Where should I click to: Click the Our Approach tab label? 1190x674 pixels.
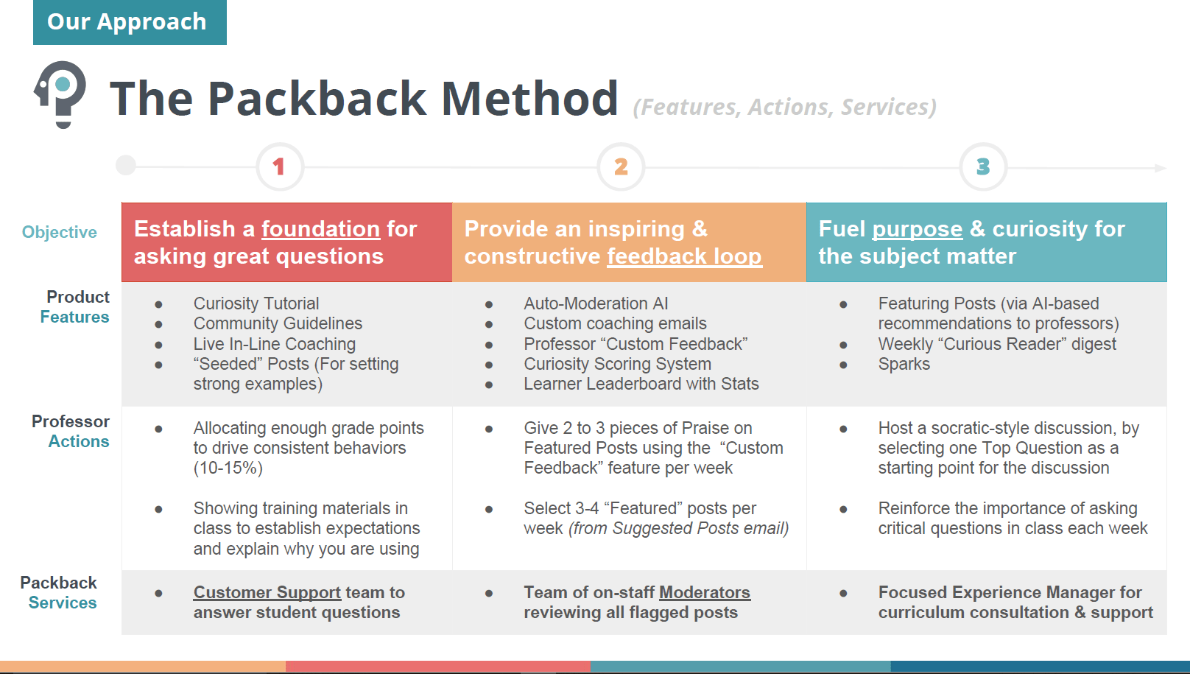coord(127,22)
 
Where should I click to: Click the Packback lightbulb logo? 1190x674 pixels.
coord(61,94)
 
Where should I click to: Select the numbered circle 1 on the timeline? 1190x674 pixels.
coord(279,166)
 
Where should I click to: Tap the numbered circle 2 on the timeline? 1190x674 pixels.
coord(621,166)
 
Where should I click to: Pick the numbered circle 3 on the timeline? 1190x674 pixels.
coord(983,166)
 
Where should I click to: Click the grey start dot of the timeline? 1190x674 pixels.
coord(126,165)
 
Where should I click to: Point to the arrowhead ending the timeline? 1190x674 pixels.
coord(1160,168)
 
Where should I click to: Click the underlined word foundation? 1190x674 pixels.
coord(320,229)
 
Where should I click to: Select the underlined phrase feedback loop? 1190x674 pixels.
coord(684,256)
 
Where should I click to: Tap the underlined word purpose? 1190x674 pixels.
coord(917,229)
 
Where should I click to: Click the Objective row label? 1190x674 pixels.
coord(60,232)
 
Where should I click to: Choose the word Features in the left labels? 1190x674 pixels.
coord(74,317)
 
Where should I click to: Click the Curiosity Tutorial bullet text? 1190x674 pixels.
coord(256,303)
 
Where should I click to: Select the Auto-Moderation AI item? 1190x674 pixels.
coord(596,303)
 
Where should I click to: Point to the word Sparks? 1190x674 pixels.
coord(904,364)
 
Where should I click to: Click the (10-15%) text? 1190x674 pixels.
coord(228,468)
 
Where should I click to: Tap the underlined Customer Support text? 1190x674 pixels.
coord(267,592)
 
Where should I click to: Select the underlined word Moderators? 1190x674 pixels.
coord(704,592)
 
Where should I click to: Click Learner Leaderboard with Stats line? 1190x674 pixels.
coord(641,384)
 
